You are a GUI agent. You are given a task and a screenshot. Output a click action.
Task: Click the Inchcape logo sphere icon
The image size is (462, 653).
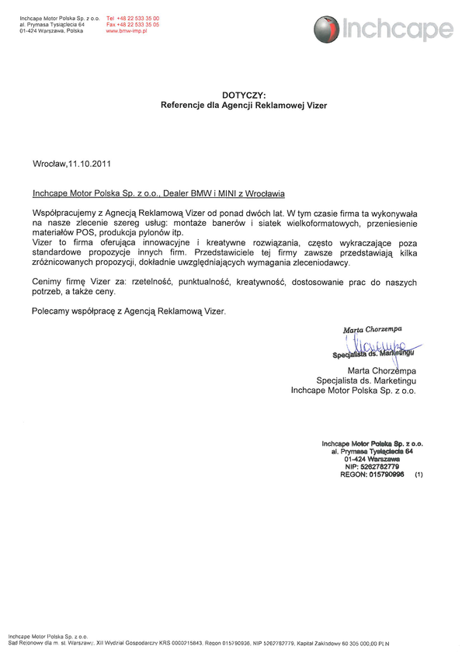coord(327,30)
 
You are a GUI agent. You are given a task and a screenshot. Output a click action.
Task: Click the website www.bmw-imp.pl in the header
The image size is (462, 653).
coord(127,30)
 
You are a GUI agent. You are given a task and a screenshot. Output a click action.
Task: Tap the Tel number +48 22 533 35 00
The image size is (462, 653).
coord(137,17)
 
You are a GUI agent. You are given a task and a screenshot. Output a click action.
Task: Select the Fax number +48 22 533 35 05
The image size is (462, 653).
coord(137,24)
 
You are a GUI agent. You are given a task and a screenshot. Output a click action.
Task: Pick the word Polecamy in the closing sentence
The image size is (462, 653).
coord(50,311)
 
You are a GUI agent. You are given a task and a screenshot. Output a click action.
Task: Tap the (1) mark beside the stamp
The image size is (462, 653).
coord(419,474)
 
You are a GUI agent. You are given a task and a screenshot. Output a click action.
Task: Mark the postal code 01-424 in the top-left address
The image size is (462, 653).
coord(30,30)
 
